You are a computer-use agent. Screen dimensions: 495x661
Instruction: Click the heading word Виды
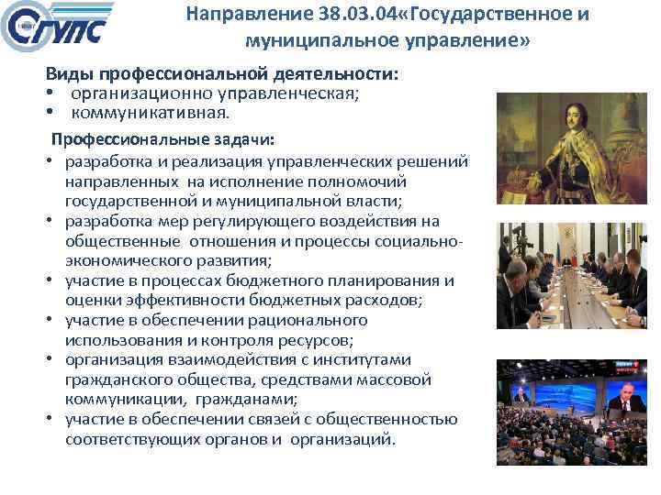pos(72,76)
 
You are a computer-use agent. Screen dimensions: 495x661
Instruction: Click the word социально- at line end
pos(419,241)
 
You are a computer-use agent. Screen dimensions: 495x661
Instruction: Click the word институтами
pos(364,359)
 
